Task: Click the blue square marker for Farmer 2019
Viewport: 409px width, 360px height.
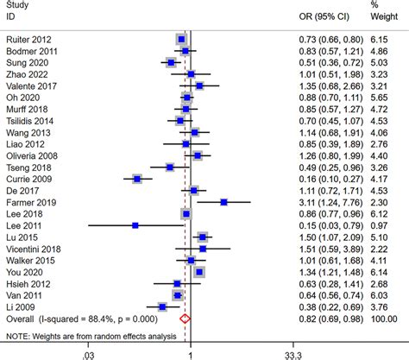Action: pyautogui.click(x=224, y=202)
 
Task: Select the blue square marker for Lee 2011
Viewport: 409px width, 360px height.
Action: pyautogui.click(x=135, y=225)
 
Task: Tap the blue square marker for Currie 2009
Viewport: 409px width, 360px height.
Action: pyautogui.click(x=137, y=179)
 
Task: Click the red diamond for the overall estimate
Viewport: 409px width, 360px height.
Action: pyautogui.click(x=184, y=319)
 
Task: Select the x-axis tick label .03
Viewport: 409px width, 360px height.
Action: pyautogui.click(x=87, y=354)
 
